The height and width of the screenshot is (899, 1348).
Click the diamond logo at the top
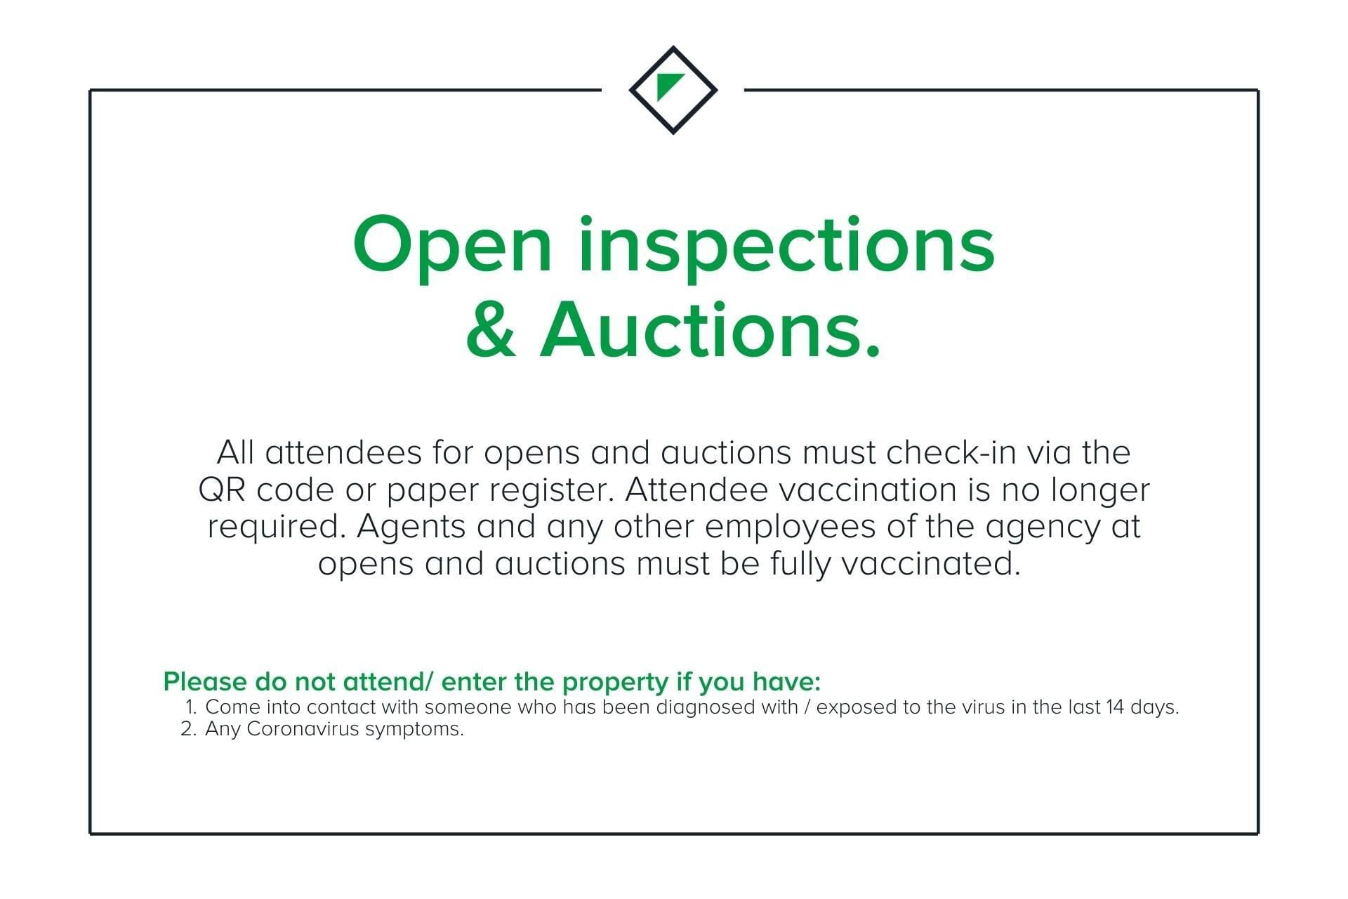point(673,90)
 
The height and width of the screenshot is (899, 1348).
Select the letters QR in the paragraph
point(222,490)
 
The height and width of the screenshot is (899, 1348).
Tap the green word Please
point(205,681)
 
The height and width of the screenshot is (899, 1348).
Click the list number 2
point(187,729)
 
